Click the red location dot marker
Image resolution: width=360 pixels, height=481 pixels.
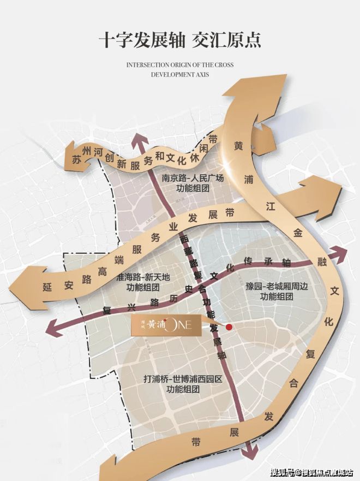[x=230, y=326]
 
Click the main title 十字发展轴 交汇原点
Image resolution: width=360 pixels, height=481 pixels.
[x=179, y=40]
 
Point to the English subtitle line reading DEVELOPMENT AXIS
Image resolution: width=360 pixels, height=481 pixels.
[x=179, y=75]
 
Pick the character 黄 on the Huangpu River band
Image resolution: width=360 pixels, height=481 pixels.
[x=239, y=146]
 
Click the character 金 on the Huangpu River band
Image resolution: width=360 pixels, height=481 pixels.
[x=297, y=232]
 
